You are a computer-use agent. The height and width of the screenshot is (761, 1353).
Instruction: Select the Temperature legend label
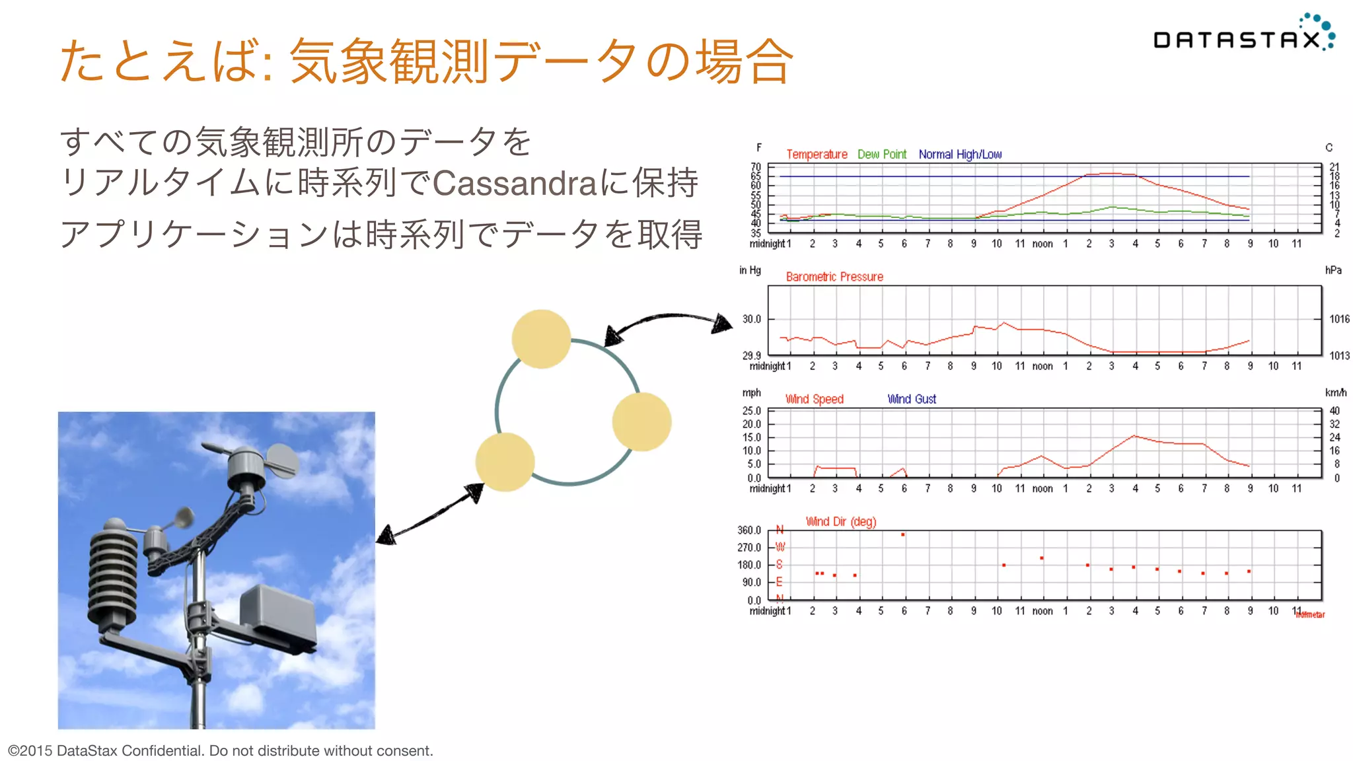tap(816, 154)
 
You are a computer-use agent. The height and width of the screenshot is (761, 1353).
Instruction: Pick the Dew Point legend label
tap(881, 154)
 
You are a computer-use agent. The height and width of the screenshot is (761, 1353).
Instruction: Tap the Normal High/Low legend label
tap(959, 154)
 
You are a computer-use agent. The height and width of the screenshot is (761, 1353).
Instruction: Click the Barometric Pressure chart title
tap(834, 277)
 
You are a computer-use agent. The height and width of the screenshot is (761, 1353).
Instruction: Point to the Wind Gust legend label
tap(911, 399)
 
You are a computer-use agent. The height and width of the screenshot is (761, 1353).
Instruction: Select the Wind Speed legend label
tap(814, 399)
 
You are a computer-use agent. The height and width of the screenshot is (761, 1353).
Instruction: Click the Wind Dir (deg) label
tap(840, 522)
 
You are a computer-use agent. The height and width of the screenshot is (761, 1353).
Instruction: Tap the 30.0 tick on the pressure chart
tap(751, 319)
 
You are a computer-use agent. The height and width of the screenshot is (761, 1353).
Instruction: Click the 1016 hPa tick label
tap(1338, 319)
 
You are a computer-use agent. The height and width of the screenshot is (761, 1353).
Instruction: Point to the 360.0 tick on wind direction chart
tap(749, 530)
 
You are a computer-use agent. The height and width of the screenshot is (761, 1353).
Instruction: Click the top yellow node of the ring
tap(541, 339)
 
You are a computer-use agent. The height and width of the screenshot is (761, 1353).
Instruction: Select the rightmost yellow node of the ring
tap(641, 422)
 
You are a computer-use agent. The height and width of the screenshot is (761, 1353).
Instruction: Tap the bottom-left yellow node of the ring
tap(505, 462)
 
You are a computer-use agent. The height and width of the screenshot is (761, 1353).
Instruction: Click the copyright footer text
tap(220, 750)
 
